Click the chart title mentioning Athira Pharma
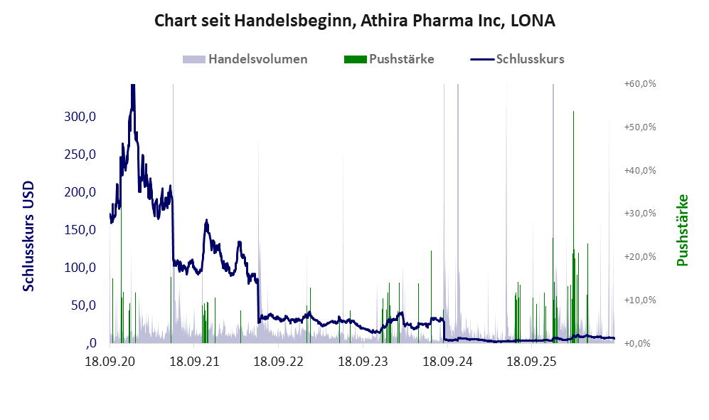[354, 21]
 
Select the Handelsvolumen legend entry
[245, 59]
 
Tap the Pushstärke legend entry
[389, 59]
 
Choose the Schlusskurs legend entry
[517, 59]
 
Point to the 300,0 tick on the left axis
[80, 117]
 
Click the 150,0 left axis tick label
[80, 230]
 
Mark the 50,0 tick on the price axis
[84, 305]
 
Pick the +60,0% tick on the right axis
[640, 84]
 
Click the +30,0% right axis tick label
[640, 213]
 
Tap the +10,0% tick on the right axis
[640, 300]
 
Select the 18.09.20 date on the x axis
[110, 362]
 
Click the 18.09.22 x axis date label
[279, 362]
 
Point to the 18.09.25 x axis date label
[532, 362]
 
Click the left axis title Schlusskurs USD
[28, 236]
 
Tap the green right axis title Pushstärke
[682, 230]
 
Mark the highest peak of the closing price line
[132, 85]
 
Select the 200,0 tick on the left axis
[80, 192]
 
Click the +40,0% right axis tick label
[640, 171]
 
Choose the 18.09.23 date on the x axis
[363, 362]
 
